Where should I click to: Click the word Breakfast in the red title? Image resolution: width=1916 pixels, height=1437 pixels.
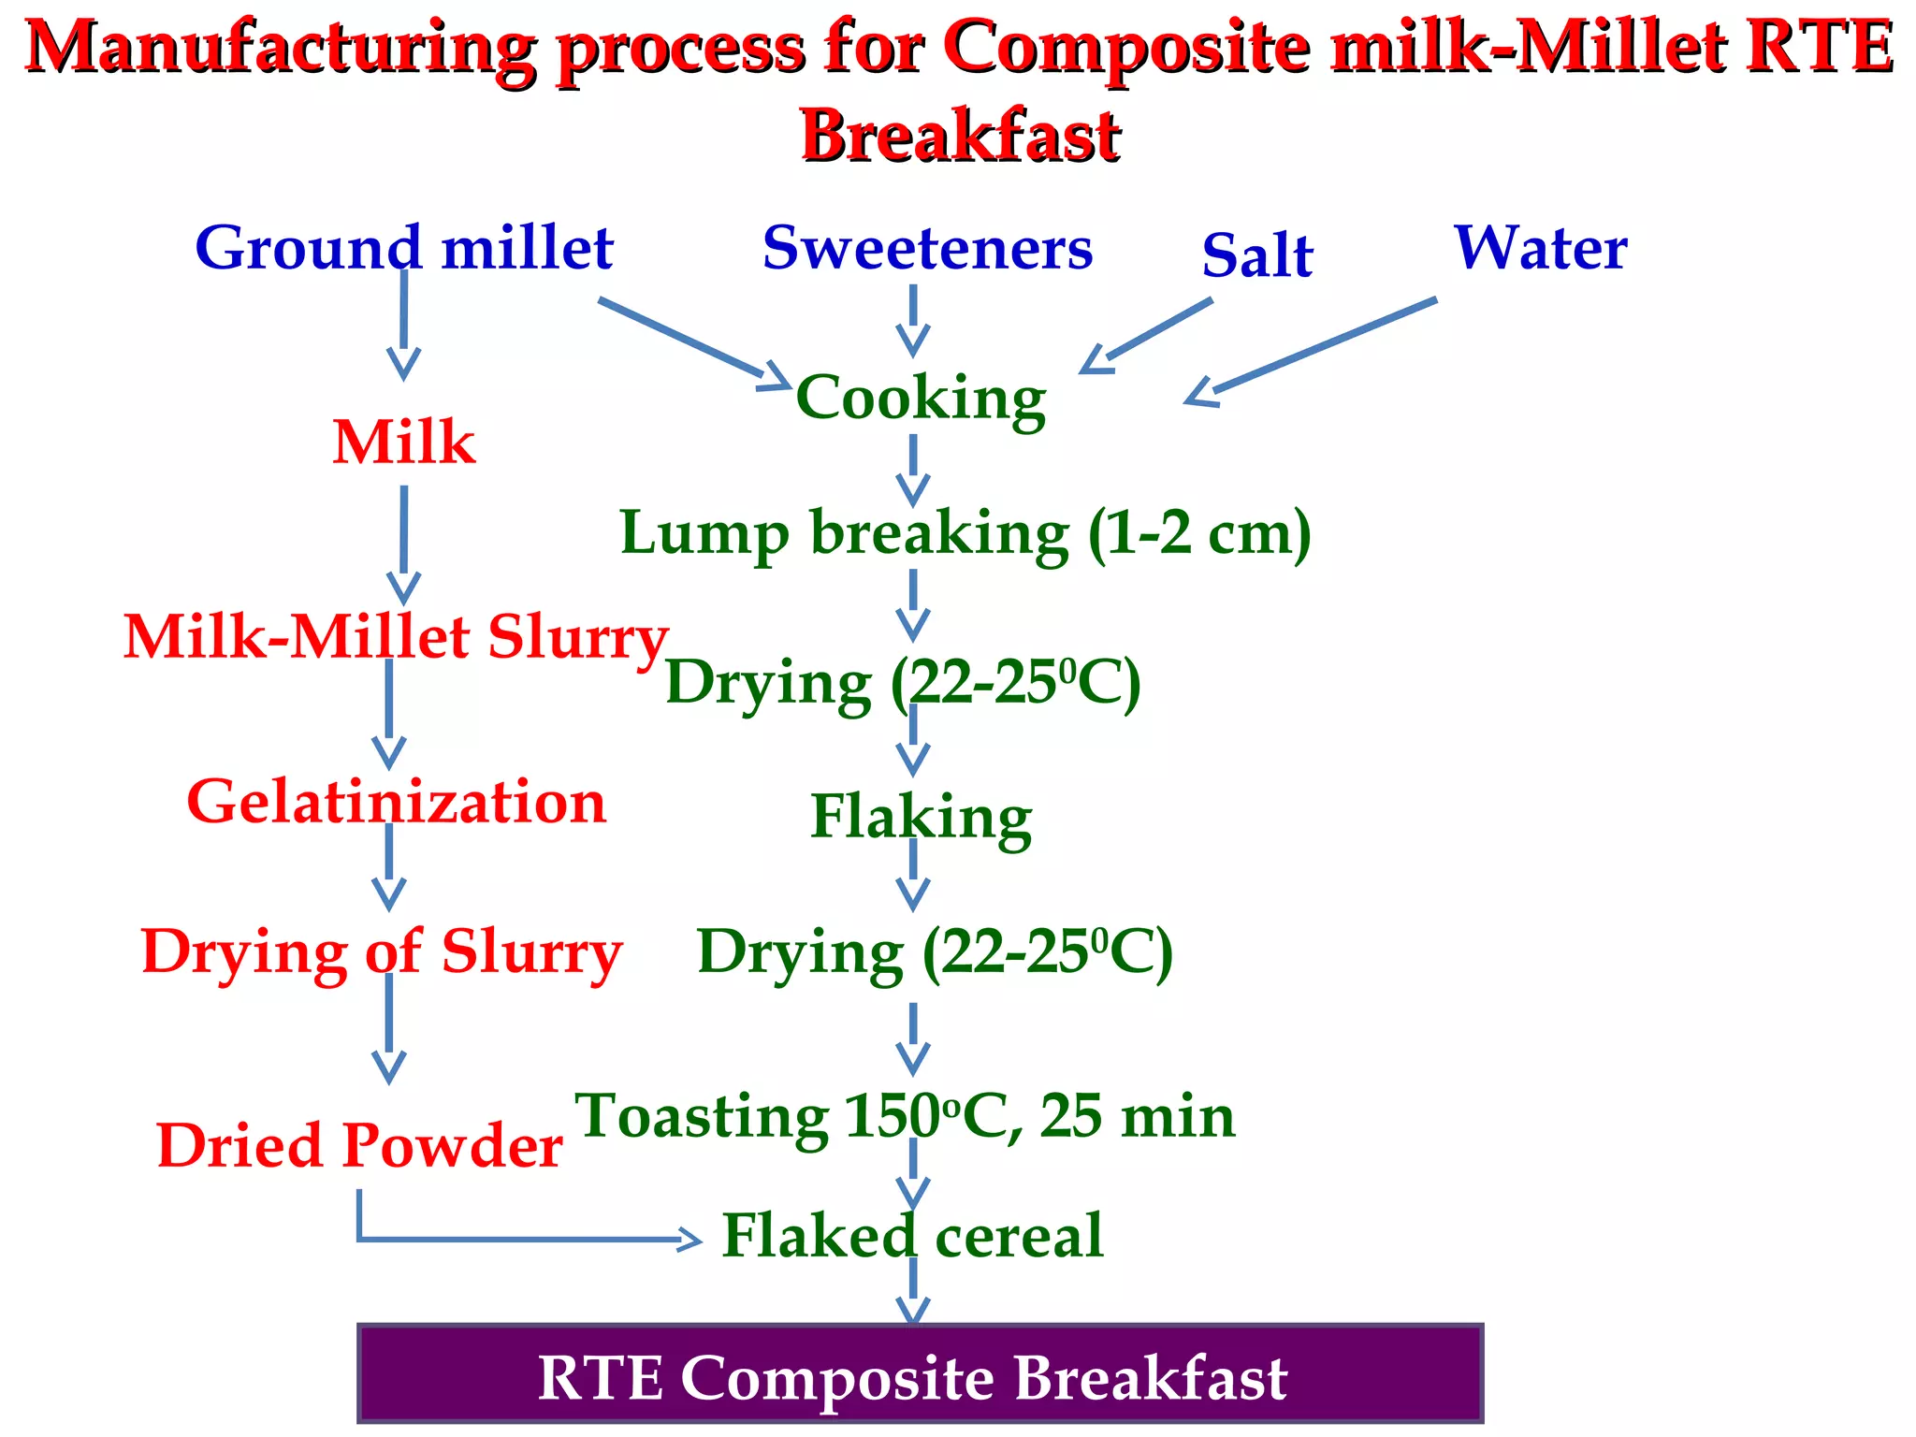tap(961, 136)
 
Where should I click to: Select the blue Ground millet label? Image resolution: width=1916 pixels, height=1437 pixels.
tap(404, 248)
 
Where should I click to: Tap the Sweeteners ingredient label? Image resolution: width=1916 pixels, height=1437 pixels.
tap(927, 248)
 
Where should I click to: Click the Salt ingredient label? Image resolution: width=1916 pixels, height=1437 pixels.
tap(1257, 254)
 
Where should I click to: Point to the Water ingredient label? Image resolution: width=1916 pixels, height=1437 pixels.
tap(1541, 248)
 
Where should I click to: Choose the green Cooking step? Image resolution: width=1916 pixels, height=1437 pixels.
tap(921, 398)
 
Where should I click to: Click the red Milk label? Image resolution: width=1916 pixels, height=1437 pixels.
tap(404, 442)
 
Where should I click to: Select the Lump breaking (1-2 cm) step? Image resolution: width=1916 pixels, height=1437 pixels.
tap(965, 533)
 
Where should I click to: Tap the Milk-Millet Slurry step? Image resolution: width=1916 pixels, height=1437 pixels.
tap(396, 637)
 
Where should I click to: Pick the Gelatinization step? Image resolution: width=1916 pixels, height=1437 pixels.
tap(397, 803)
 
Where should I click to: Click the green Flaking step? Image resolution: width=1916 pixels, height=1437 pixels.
tap(921, 817)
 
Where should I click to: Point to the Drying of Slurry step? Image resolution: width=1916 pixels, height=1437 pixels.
tap(382, 952)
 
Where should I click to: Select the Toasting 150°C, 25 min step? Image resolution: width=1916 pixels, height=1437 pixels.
tap(905, 1116)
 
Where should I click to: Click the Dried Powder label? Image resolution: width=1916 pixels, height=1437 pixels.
tap(359, 1146)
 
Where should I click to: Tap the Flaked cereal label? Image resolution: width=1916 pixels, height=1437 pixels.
tap(913, 1236)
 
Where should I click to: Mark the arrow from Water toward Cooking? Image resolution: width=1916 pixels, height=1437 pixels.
tap(1310, 352)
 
